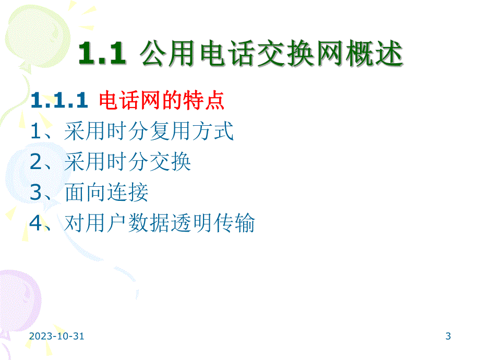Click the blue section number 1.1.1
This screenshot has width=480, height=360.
pyautogui.click(x=59, y=101)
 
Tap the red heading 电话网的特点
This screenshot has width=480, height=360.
pyautogui.click(x=162, y=101)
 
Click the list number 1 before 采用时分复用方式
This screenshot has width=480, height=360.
pyautogui.click(x=35, y=132)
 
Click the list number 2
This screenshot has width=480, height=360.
pyautogui.click(x=35, y=163)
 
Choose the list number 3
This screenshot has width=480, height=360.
pyautogui.click(x=35, y=193)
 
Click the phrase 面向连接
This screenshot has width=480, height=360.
pyautogui.click(x=106, y=193)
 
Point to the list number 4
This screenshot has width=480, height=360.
pyautogui.click(x=35, y=223)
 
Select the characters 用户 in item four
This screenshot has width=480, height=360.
pyautogui.click(x=107, y=223)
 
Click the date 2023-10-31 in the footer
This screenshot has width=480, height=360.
pyautogui.click(x=56, y=337)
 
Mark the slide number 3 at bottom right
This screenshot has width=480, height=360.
pyautogui.click(x=448, y=337)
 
